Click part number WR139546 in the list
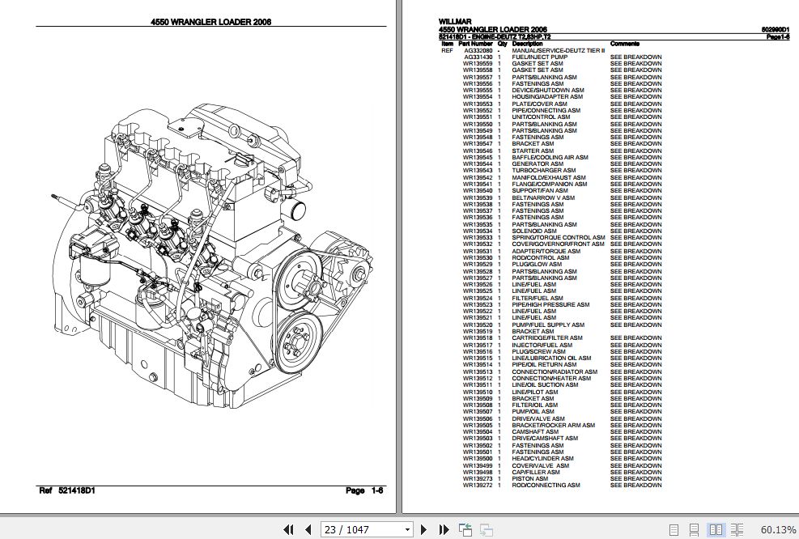[477, 151]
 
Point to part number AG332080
[477, 50]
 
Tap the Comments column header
[626, 44]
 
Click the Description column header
[528, 44]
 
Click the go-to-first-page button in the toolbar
[288, 529]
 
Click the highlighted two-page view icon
[716, 529]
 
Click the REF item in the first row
[447, 50]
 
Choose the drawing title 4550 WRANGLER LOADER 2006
[210, 23]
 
